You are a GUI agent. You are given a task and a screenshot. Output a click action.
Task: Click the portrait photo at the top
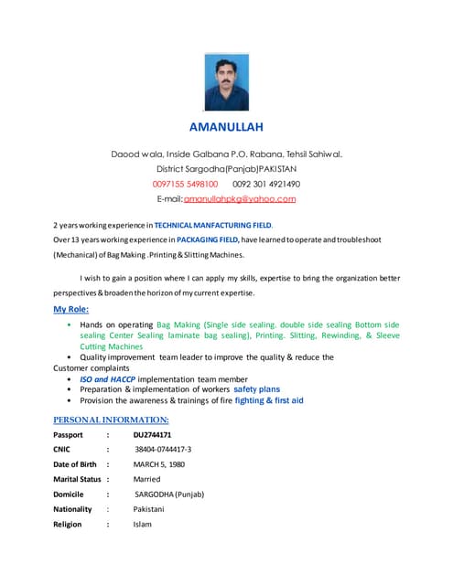225,82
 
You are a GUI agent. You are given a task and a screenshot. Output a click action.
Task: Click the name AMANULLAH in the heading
226,127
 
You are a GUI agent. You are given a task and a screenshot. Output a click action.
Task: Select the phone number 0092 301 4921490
266,184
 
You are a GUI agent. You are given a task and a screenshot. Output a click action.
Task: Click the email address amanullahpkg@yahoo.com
240,198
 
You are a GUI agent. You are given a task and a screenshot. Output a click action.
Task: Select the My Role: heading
71,309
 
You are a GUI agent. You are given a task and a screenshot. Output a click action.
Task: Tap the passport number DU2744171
152,435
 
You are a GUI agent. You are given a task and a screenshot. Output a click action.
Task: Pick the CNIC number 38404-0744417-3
163,450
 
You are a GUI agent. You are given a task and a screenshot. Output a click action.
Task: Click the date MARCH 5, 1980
160,464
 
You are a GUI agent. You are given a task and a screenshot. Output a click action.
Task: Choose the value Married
146,479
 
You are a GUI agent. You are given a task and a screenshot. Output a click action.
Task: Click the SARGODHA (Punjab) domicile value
169,495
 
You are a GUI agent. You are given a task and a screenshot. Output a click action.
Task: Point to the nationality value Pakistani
152,509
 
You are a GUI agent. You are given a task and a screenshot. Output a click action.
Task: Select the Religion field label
67,525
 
